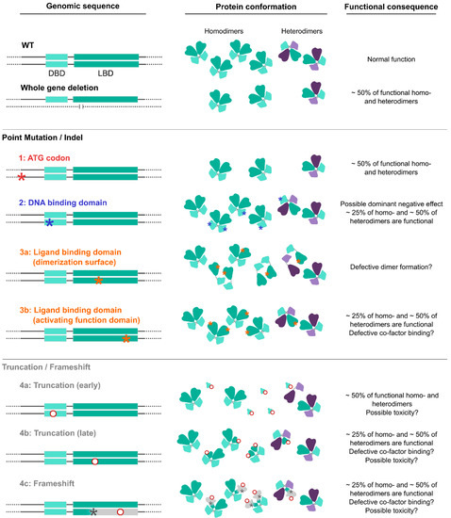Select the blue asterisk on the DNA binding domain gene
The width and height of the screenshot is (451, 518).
(x=49, y=223)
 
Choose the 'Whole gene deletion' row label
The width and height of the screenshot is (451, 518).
(x=63, y=89)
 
